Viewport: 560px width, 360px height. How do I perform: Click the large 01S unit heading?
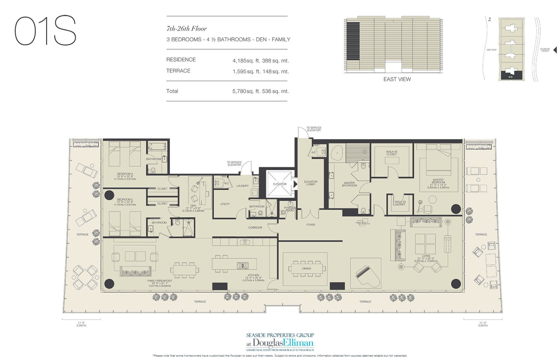click(46, 31)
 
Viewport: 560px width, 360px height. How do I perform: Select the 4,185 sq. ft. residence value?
click(260, 61)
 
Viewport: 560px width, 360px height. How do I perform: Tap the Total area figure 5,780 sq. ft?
click(260, 91)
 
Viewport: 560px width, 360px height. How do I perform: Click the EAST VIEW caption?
click(397, 79)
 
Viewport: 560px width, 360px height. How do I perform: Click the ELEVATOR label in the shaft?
click(279, 184)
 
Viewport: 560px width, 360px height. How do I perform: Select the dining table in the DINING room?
click(307, 269)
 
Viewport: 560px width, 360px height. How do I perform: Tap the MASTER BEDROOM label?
click(438, 182)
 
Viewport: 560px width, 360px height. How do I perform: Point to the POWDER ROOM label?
click(290, 209)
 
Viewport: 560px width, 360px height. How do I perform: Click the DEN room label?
click(193, 206)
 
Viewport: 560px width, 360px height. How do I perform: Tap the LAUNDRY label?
click(242, 186)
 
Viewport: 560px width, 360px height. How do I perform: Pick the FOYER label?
click(311, 225)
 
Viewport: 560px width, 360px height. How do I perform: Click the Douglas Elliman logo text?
click(283, 343)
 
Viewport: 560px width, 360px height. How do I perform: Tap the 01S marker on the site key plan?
click(510, 77)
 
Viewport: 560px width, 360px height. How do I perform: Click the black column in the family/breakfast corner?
click(109, 284)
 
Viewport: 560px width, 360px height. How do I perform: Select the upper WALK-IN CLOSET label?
click(392, 153)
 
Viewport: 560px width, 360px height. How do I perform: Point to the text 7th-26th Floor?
click(186, 29)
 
